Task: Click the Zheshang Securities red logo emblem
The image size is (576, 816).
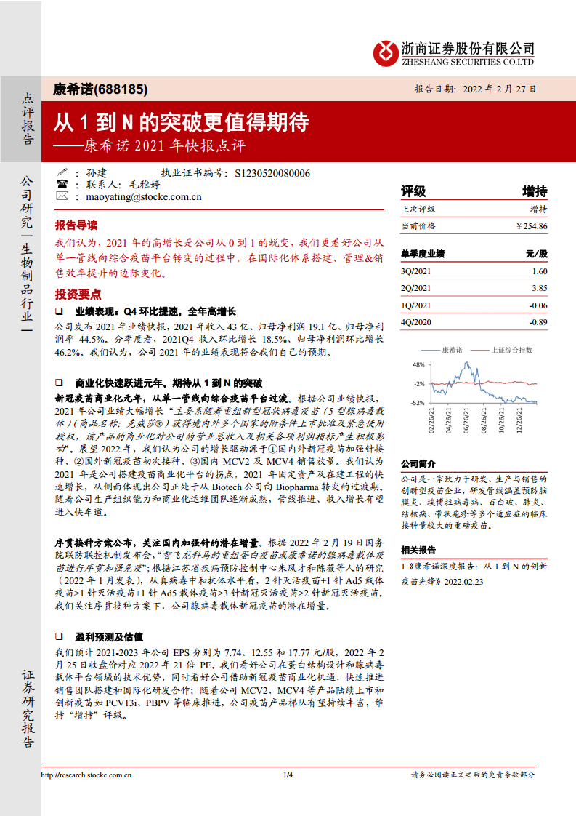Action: tap(385, 52)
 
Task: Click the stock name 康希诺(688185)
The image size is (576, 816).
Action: tap(101, 89)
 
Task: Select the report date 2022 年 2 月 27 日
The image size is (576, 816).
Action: tap(500, 89)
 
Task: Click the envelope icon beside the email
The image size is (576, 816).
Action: tap(62, 196)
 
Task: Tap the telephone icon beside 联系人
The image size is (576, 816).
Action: tap(62, 185)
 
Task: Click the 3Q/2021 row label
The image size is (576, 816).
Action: tap(415, 271)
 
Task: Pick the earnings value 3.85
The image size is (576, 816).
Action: tap(539, 288)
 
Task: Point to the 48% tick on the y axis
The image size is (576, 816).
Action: tap(418, 364)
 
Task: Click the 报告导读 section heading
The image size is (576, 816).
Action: tap(76, 225)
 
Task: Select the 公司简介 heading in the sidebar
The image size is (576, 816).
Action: tap(418, 463)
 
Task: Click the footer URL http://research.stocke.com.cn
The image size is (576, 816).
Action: tap(86, 775)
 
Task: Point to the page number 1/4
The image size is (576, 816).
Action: tap(288, 775)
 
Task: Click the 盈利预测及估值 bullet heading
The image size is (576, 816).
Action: tap(109, 636)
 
